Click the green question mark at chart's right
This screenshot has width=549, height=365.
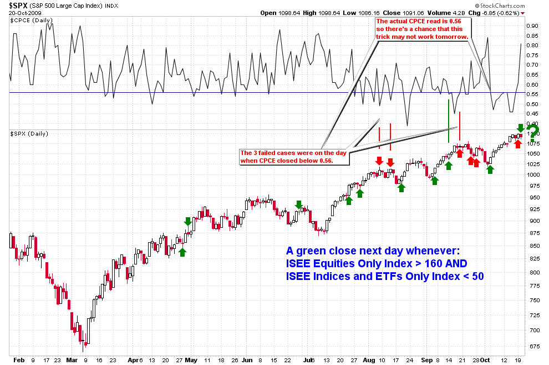click(x=534, y=132)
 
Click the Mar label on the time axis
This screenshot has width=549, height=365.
click(x=72, y=359)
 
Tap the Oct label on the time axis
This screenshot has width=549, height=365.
click(x=484, y=359)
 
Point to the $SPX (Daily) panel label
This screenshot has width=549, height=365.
click(x=28, y=134)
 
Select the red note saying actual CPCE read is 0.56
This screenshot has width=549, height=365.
click(x=422, y=28)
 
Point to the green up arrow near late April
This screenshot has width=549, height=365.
click(x=182, y=252)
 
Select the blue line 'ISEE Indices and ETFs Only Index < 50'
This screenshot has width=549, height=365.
click(x=385, y=276)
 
